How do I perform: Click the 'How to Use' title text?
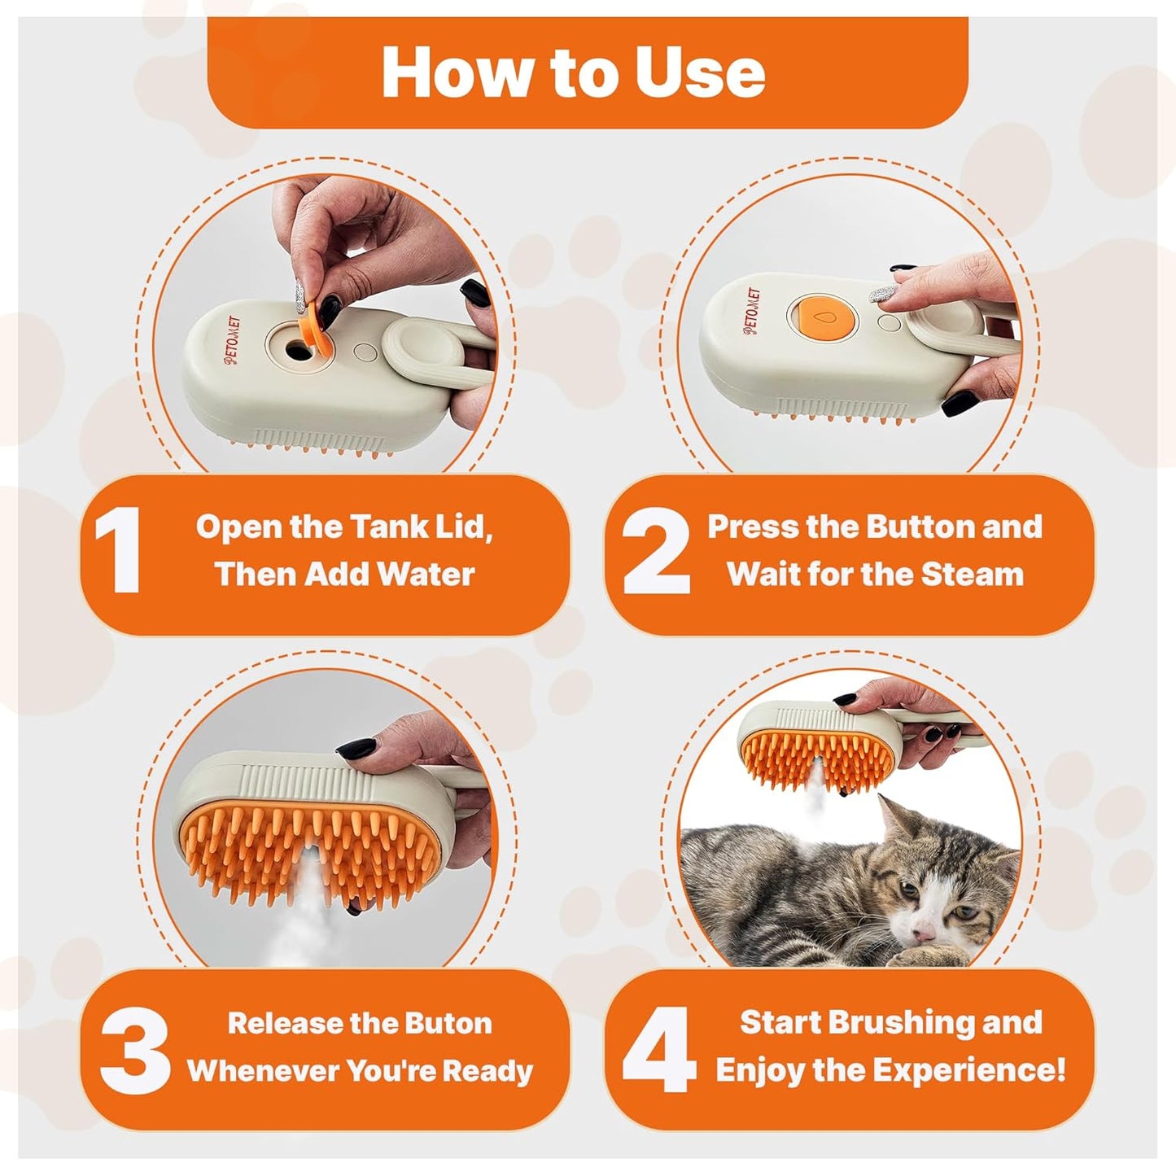coord(573,72)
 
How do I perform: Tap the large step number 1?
coord(118,551)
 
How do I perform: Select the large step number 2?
coord(656,551)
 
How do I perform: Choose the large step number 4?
coord(659,1049)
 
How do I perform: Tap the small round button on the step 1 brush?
coord(365,352)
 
